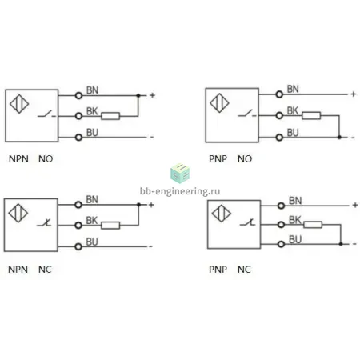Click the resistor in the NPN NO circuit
click(110, 116)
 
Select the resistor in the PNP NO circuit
click(311, 115)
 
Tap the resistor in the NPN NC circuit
click(110, 226)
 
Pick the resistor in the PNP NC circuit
click(313, 225)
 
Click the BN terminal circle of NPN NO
click(78, 95)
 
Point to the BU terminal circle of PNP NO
click(279, 138)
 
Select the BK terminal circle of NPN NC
click(78, 226)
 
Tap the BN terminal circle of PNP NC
click(281, 206)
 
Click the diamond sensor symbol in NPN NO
click(19, 104)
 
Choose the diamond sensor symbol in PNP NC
click(222, 214)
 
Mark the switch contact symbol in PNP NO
click(247, 114)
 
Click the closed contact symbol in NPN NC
click(44, 223)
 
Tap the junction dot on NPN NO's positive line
click(138, 95)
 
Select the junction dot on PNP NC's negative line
click(341, 244)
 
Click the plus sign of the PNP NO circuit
click(354, 94)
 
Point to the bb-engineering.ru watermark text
click(180, 191)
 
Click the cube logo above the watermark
click(180, 173)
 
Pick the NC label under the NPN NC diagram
click(45, 270)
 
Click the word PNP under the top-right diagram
click(218, 158)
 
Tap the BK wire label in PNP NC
click(295, 220)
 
